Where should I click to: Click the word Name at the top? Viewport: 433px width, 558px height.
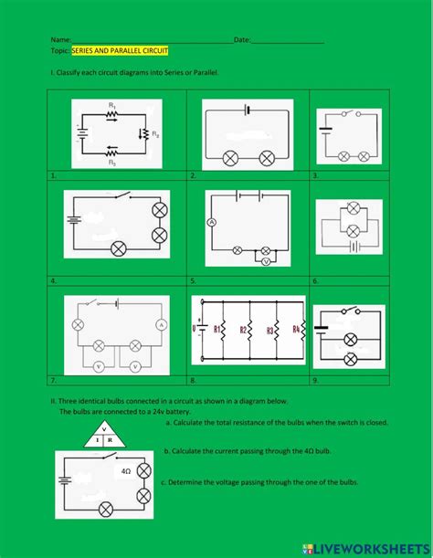pyautogui.click(x=60, y=40)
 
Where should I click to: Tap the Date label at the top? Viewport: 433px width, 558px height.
pyautogui.click(x=242, y=40)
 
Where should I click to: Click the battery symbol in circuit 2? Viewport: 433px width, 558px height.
pyautogui.click(x=247, y=110)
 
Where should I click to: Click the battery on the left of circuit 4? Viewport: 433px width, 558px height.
pyautogui.click(x=73, y=219)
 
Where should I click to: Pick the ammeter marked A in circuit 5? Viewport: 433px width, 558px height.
pyautogui.click(x=210, y=223)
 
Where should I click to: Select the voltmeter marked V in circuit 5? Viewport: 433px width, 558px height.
pyautogui.click(x=265, y=260)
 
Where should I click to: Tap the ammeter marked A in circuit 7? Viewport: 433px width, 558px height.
pyautogui.click(x=160, y=324)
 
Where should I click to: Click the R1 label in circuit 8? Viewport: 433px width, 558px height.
pyautogui.click(x=217, y=331)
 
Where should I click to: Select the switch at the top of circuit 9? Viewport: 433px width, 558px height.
pyautogui.click(x=348, y=311)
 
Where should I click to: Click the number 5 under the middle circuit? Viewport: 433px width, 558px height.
pyautogui.click(x=193, y=280)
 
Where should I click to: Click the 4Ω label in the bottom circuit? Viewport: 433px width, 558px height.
pyautogui.click(x=125, y=471)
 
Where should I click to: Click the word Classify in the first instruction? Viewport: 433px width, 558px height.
pyautogui.click(x=72, y=71)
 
